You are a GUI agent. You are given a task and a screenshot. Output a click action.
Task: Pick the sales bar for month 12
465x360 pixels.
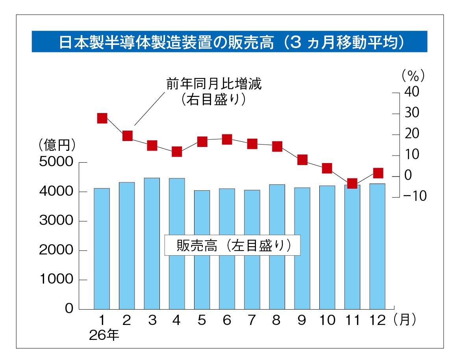tap(377, 246)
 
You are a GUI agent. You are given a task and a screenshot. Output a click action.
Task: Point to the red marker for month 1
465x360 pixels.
tap(102, 118)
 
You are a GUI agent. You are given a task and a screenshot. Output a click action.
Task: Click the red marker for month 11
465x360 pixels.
tap(352, 184)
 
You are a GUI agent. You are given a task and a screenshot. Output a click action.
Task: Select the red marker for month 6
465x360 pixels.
tap(227, 139)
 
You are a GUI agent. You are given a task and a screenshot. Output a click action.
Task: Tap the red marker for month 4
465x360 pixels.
tap(177, 152)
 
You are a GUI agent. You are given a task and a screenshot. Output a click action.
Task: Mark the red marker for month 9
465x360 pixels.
tap(302, 160)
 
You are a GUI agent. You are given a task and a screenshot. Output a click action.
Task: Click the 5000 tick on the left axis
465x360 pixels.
tap(56, 162)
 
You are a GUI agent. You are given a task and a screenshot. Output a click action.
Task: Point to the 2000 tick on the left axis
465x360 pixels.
tap(56, 251)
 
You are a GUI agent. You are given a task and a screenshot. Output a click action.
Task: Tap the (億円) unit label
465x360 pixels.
tap(57, 145)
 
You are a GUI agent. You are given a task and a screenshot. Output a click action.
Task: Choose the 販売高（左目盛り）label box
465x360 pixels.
tap(232, 245)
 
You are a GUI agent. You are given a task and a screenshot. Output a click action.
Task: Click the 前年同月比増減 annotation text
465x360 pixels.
tap(214, 84)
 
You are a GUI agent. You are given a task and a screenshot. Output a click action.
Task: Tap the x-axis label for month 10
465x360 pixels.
tap(327, 320)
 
